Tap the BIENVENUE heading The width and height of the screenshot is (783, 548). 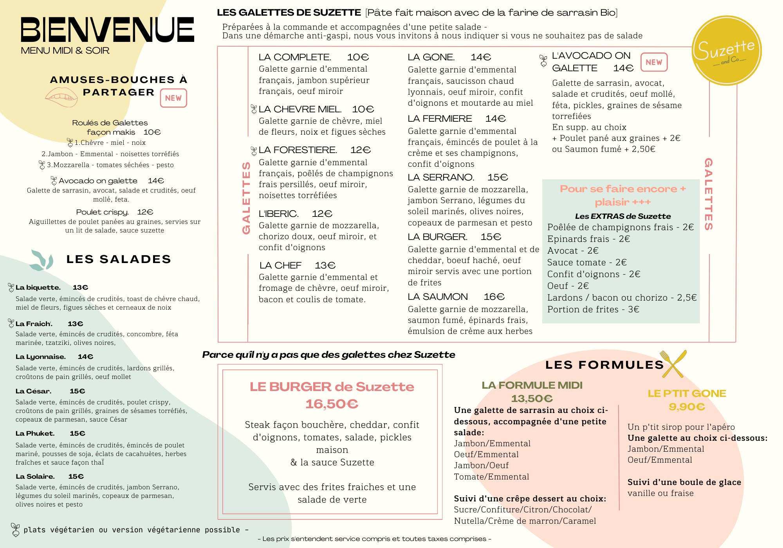107,30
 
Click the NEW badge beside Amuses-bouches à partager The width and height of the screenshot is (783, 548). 173,98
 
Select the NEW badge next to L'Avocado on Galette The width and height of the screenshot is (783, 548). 654,62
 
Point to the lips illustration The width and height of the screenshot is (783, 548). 61,97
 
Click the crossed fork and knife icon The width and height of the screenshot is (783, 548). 673,364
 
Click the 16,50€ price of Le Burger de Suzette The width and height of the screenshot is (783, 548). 332,404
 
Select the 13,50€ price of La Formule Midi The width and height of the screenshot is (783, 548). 532,398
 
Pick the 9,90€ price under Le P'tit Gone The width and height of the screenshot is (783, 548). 687,407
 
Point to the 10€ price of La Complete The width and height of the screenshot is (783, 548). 358,57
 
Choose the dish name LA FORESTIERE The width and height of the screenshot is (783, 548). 298,150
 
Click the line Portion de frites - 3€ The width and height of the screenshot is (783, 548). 593,309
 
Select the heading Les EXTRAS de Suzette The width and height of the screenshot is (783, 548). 622,216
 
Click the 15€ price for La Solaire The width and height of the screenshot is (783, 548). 76,476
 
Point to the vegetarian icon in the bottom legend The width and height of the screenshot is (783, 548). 15,530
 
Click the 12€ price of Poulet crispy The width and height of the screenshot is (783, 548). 145,212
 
